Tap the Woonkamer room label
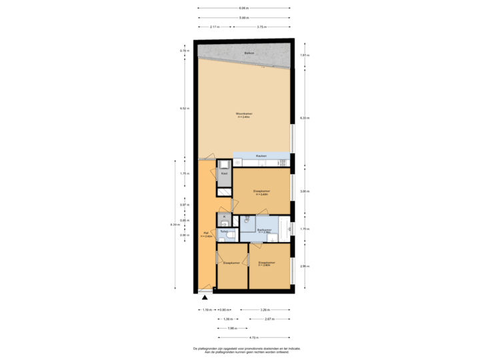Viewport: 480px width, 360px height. coord(244,115)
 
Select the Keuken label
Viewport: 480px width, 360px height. coord(261,155)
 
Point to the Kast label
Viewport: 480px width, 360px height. coord(225,173)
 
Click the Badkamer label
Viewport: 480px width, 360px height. coord(264,231)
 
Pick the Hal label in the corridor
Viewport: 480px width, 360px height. coord(207,235)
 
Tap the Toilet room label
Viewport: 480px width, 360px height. coord(225,231)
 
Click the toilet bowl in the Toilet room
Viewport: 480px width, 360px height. coord(230,235)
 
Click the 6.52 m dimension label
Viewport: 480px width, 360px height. coord(185,108)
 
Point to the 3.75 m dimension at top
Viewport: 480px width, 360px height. coord(262,27)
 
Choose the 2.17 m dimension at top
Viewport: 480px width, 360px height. coord(214,27)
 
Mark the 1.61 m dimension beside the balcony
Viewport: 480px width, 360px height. coord(303,55)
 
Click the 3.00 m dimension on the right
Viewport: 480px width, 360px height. coord(303,190)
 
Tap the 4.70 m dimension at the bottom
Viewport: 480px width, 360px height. coord(254,337)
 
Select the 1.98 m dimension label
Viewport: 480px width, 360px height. coord(231,328)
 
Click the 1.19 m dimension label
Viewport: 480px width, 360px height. coord(207,309)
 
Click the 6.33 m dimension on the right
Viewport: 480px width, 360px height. coord(303,117)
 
